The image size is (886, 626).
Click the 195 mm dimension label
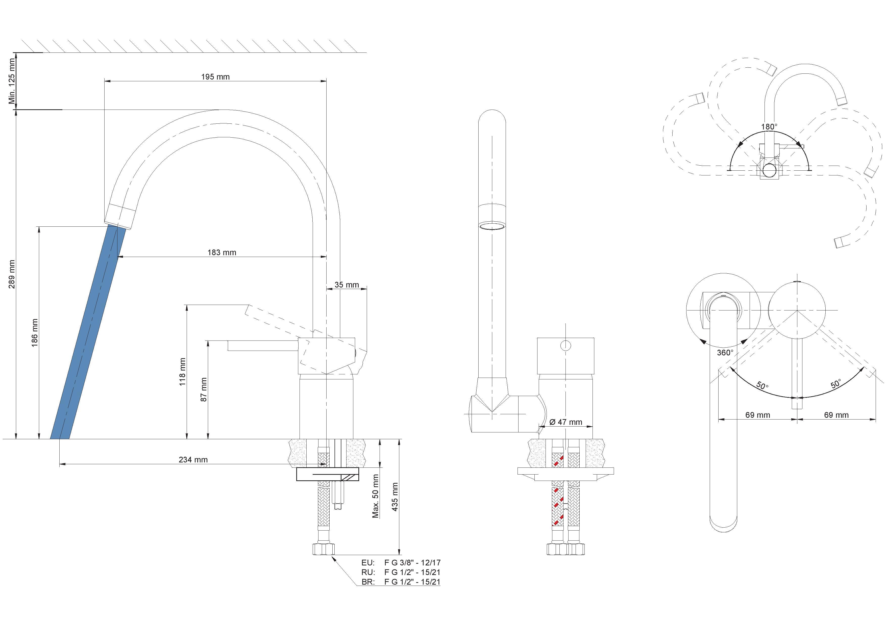(215, 77)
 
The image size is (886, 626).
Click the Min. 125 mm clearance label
(12, 81)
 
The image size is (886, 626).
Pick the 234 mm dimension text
(193, 459)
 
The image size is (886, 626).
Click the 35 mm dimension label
(347, 285)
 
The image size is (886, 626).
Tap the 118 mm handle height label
(183, 372)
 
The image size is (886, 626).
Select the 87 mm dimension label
(204, 389)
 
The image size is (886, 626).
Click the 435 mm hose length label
(394, 497)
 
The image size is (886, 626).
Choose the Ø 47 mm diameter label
(565, 422)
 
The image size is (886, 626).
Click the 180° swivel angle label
(769, 126)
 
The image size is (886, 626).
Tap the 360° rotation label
(725, 353)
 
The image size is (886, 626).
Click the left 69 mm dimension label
(757, 415)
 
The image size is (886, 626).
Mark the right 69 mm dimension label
(836, 415)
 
